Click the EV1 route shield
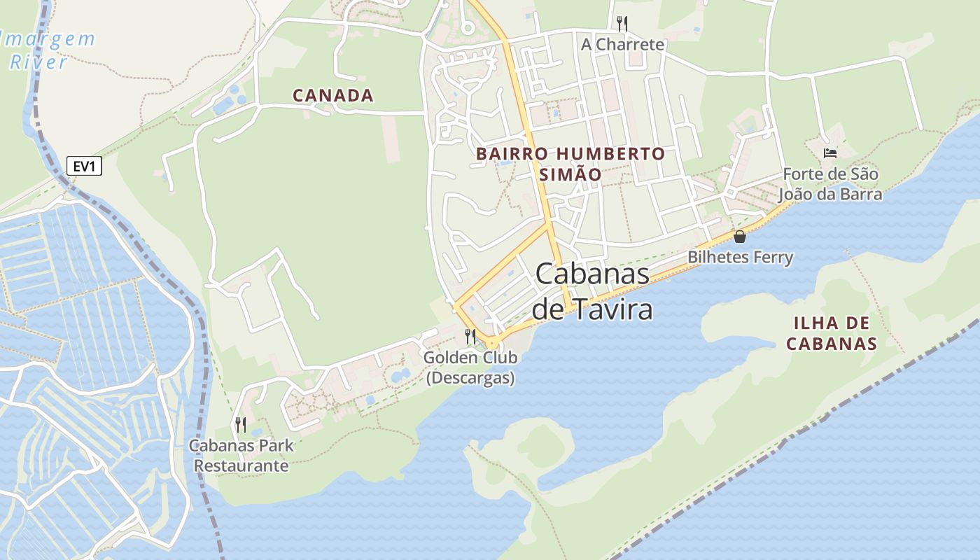click(x=84, y=167)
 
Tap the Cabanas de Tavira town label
click(x=592, y=291)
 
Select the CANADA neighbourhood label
click(x=332, y=95)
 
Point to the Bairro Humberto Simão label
click(x=570, y=163)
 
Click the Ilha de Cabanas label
click(x=832, y=333)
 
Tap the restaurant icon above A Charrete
click(x=622, y=24)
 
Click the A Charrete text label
click(x=622, y=45)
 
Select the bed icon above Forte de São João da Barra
click(x=830, y=153)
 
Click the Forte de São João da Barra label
click(x=830, y=183)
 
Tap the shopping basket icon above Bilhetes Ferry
click(x=740, y=237)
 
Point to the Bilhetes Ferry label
click(x=740, y=258)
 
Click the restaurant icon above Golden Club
click(x=470, y=337)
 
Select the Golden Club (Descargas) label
click(x=470, y=367)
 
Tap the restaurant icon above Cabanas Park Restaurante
click(x=240, y=424)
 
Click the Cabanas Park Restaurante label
click(x=241, y=455)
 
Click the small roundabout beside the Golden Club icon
click(x=493, y=342)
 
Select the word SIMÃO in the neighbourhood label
click(x=570, y=174)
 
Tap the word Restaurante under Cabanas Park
click(x=241, y=465)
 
